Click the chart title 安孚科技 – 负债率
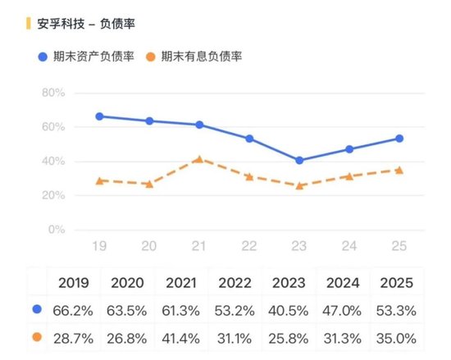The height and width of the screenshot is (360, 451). click(85, 24)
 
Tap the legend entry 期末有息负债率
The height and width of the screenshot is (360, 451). click(201, 57)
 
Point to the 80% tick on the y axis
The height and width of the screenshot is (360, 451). click(53, 93)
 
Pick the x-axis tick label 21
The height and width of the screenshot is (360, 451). click(199, 246)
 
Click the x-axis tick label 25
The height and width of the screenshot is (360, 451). click(399, 246)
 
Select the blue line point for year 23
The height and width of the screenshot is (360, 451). click(299, 160)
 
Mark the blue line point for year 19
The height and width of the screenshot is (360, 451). click(99, 116)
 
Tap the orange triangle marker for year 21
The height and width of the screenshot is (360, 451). click(199, 159)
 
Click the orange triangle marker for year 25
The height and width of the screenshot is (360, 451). click(399, 170)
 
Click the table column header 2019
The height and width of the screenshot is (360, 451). click(75, 283)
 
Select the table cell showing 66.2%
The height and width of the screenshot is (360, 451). click(75, 310)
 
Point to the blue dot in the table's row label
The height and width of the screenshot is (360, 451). click(37, 310)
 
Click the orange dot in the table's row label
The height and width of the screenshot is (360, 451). click(37, 337)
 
